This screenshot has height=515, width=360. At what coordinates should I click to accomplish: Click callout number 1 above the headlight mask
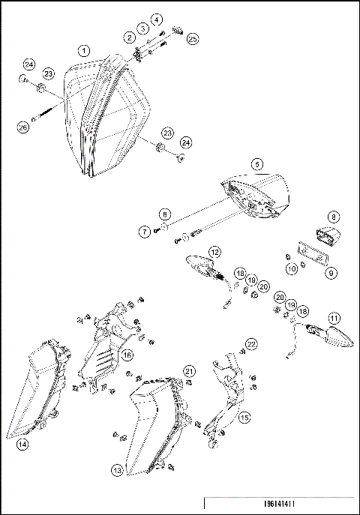coord(84,50)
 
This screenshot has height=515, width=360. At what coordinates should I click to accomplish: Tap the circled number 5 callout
coord(256,163)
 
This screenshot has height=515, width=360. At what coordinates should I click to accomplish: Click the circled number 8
coord(334,216)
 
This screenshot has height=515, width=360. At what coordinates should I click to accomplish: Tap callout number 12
coord(214,252)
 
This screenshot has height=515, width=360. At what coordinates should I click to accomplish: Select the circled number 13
coord(117,470)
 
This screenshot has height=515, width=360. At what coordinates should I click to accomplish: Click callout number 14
coord(23,444)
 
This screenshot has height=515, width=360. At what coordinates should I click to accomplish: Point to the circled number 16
coord(128,355)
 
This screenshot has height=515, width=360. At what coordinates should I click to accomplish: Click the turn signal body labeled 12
coord(202,267)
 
